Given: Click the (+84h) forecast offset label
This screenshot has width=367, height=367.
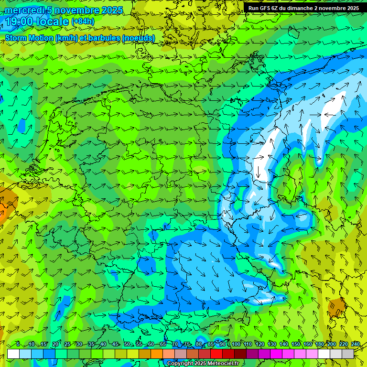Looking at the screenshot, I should point(83,22).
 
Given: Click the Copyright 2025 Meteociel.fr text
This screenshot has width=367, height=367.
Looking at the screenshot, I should point(203,364).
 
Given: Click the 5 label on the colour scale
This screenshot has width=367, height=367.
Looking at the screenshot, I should point(18,345).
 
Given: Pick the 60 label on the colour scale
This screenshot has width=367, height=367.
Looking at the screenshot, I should point(151,345).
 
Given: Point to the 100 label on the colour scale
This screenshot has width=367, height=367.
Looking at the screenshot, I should point(236,345).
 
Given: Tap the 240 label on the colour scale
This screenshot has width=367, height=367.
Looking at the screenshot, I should point(355,345).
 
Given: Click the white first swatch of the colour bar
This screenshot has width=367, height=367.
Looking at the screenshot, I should point(13,354).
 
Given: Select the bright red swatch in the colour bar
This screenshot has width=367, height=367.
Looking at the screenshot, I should point(216,354).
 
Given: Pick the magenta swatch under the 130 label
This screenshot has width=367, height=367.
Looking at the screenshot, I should point(276,354).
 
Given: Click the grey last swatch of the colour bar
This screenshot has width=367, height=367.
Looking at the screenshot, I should point(348,354).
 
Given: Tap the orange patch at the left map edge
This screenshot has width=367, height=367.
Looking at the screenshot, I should point(6,203).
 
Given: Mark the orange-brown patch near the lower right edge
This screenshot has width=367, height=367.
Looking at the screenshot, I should point(336,307).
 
